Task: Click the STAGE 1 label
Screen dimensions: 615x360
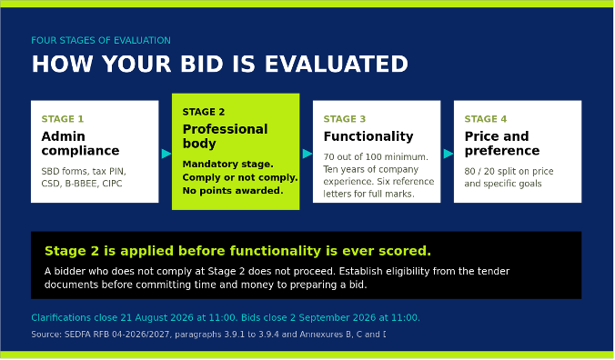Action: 63,119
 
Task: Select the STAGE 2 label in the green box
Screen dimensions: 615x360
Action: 204,112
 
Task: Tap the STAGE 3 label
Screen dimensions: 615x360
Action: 345,119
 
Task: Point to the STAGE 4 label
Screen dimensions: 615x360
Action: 486,119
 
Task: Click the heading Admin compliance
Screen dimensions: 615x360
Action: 80,144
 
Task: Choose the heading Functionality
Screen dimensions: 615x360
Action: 368,136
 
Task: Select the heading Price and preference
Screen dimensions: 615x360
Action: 502,144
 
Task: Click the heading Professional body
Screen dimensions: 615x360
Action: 225,136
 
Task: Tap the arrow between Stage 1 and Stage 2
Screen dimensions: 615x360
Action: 166,154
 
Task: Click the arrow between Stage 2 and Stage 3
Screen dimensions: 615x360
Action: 307,154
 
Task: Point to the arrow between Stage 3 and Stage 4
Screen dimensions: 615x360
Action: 449,154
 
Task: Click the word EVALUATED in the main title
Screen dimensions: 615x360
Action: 337,64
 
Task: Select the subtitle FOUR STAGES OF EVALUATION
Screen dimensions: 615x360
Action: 101,40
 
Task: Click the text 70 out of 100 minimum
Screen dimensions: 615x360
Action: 376,157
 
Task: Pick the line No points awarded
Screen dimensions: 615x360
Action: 233,191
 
